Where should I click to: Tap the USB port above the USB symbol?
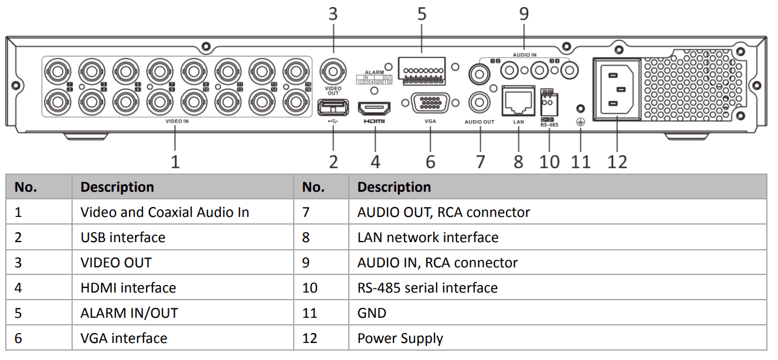332,107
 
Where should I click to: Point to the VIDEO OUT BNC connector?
333,73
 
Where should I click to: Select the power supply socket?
617,89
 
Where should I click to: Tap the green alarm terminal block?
421,69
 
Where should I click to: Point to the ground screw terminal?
580,110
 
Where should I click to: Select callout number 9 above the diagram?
524,13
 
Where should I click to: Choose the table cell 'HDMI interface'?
128,288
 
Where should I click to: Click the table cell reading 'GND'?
372,313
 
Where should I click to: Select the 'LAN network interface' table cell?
427,237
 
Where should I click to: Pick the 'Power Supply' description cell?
400,338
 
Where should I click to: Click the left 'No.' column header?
26,187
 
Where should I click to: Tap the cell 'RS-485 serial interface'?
427,288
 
